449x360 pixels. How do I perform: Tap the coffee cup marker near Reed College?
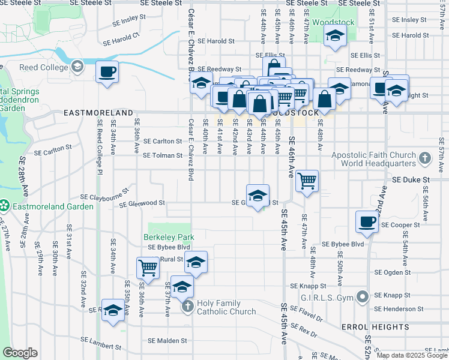point(107,71)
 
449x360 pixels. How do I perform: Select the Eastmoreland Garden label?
point(54,206)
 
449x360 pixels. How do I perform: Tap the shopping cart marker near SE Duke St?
point(307,180)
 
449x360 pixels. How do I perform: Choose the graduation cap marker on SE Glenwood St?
point(258,195)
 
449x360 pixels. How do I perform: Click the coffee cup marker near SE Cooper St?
point(367,222)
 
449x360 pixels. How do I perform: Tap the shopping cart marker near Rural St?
point(148,268)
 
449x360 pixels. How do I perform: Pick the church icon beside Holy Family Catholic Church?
point(187,307)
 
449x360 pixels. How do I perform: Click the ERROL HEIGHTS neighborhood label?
point(375,327)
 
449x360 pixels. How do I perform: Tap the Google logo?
point(20,353)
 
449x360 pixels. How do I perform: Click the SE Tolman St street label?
point(162,155)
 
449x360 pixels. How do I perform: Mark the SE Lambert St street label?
point(101,346)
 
